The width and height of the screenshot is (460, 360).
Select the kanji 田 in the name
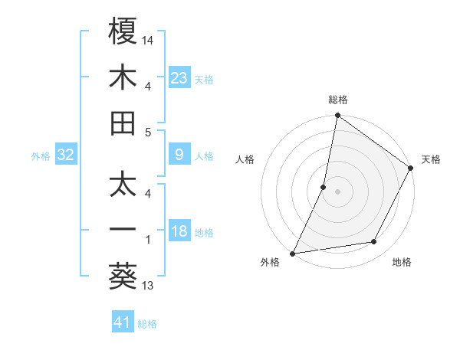click(123, 123)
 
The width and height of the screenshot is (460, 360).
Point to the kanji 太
click(123, 184)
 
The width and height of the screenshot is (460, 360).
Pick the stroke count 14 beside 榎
click(149, 39)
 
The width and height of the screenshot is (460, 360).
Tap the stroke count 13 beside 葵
click(148, 286)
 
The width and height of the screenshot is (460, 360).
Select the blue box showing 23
click(179, 77)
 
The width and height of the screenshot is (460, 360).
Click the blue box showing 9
click(179, 155)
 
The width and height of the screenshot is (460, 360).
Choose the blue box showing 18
click(179, 232)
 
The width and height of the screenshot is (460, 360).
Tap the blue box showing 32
click(65, 155)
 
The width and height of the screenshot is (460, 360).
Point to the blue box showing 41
click(123, 322)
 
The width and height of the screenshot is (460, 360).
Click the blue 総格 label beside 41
click(147, 324)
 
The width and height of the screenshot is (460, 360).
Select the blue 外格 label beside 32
click(41, 156)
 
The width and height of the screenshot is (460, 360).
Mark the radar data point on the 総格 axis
click(337, 116)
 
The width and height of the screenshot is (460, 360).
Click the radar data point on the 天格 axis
click(411, 169)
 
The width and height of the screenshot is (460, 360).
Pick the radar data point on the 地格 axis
click(374, 242)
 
